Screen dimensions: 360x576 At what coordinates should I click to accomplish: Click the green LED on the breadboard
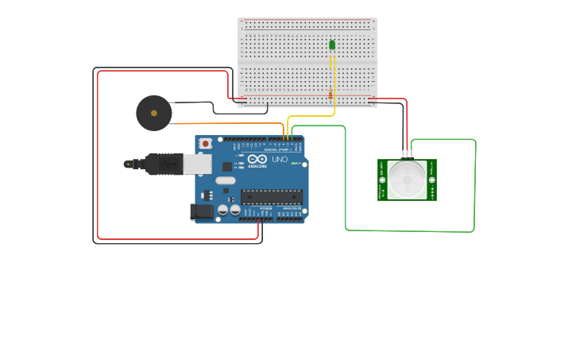[332, 45]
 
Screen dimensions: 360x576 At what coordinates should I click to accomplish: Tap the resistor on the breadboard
[331, 95]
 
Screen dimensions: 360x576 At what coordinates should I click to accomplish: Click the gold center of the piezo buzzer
[153, 113]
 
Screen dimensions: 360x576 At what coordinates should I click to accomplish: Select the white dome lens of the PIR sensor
[407, 180]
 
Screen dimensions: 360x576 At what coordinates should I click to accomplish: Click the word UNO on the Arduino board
[280, 159]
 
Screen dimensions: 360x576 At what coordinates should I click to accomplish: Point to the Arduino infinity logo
[257, 159]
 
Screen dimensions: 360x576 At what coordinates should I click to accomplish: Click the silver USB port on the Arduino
[197, 164]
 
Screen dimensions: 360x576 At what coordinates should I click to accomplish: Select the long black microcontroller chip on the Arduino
[271, 196]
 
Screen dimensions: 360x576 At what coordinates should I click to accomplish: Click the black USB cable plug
[164, 164]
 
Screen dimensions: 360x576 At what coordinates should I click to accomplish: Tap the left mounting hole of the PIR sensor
[382, 180]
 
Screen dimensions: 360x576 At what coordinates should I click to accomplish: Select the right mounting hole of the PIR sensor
[431, 180]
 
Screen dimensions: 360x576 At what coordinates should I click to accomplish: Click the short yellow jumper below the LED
[331, 62]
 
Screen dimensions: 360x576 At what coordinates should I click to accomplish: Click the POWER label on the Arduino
[265, 208]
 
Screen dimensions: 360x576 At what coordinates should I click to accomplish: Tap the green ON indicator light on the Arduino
[294, 164]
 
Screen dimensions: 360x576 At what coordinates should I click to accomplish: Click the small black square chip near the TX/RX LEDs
[227, 166]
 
